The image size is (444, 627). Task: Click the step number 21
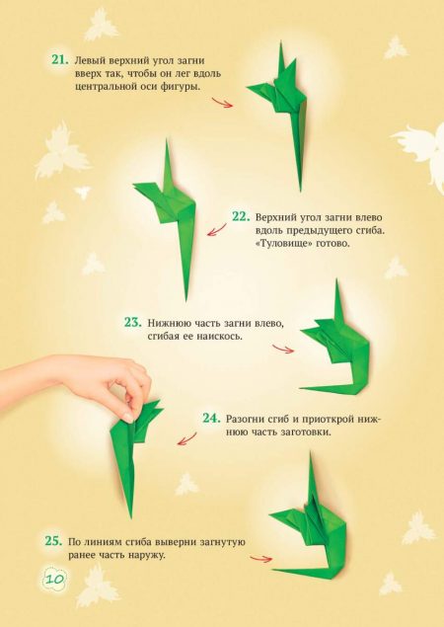pyautogui.click(x=60, y=60)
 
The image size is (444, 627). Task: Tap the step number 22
pyautogui.click(x=241, y=216)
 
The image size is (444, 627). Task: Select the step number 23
pyautogui.click(x=132, y=322)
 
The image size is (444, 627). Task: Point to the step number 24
pyautogui.click(x=211, y=419)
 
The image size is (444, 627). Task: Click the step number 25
pyautogui.click(x=53, y=541)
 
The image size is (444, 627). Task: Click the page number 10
pyautogui.click(x=53, y=579)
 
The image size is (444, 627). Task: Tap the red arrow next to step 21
pyautogui.click(x=222, y=103)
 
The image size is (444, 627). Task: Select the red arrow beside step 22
pyautogui.click(x=216, y=230)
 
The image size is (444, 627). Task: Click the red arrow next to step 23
pyautogui.click(x=283, y=349)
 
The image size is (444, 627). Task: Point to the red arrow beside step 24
pyautogui.click(x=186, y=438)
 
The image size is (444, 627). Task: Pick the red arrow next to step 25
pyautogui.click(x=260, y=558)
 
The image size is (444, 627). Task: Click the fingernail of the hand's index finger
pyautogui.click(x=128, y=418)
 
